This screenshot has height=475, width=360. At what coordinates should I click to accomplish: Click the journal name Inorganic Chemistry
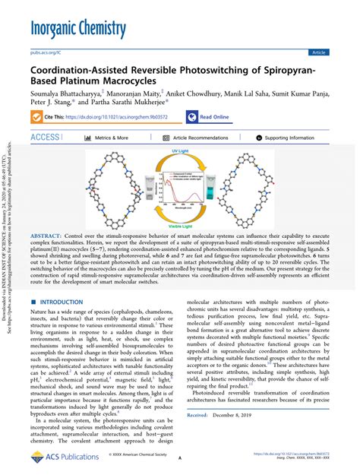[x=78, y=30]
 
